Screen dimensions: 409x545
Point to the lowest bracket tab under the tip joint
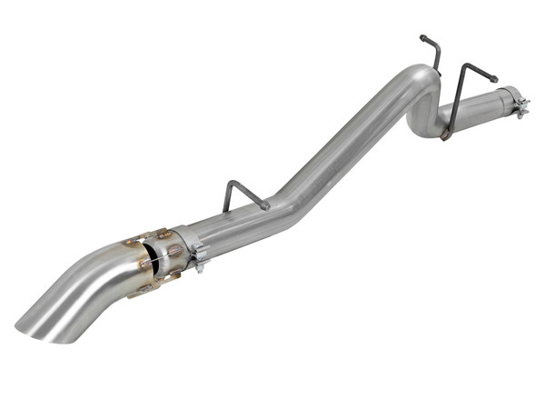click(144, 291)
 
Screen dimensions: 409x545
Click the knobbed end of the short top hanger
click(422, 38)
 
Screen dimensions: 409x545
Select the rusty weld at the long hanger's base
click(445, 135)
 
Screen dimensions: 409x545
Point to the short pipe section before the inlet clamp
click(481, 106)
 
